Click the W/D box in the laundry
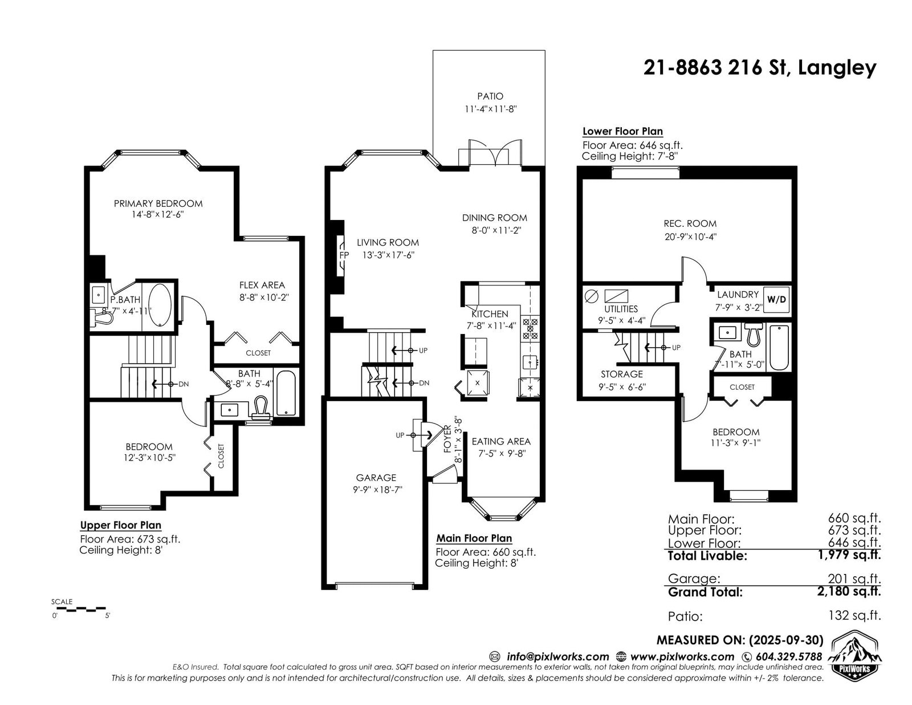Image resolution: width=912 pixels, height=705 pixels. tap(776, 300)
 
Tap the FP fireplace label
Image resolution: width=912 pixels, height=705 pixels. tap(344, 255)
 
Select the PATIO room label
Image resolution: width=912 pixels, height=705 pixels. tap(490, 96)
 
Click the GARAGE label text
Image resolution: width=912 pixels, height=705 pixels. tap(376, 478)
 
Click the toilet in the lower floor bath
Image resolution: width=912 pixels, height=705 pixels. tap(754, 335)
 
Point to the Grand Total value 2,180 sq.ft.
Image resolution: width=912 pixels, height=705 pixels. tap(849, 591)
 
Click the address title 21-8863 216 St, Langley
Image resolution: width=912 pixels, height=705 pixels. tap(760, 67)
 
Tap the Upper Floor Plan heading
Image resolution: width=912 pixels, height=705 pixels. tap(120, 525)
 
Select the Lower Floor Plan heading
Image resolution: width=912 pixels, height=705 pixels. tap(622, 131)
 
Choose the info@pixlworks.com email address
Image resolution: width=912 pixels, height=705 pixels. tap(558, 657)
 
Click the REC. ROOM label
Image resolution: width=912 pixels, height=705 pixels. tap(690, 223)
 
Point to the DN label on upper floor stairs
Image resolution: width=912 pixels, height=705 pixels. tap(184, 384)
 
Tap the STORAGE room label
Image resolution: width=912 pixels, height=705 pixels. tap(621, 374)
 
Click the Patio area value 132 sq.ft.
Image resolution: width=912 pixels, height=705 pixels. tap(854, 616)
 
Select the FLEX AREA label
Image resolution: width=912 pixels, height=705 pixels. tap(262, 285)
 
